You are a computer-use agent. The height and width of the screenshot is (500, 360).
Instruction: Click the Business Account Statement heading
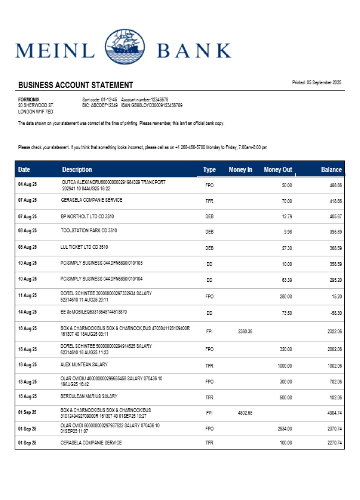(x=76, y=85)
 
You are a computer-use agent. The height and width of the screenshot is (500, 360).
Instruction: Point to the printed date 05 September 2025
(x=317, y=82)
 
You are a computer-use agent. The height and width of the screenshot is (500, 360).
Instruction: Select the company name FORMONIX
(x=29, y=100)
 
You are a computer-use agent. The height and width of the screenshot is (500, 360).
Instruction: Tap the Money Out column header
(x=278, y=170)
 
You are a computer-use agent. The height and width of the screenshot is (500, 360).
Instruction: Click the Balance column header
(x=331, y=170)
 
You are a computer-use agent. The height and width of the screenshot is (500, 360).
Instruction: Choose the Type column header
(x=209, y=170)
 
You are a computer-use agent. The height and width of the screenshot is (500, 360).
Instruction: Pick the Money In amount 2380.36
(x=245, y=331)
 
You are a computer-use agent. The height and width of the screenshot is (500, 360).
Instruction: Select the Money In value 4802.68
(x=245, y=413)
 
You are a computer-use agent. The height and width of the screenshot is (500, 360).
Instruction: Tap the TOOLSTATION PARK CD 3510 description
(x=89, y=231)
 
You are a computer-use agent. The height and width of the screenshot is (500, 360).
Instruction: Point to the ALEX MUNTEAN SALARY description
(x=84, y=365)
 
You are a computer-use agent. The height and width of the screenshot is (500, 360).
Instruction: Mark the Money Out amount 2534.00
(x=284, y=429)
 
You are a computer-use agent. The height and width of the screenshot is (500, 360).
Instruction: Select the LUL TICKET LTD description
(x=84, y=247)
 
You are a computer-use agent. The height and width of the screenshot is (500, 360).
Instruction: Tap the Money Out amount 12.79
(x=286, y=216)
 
